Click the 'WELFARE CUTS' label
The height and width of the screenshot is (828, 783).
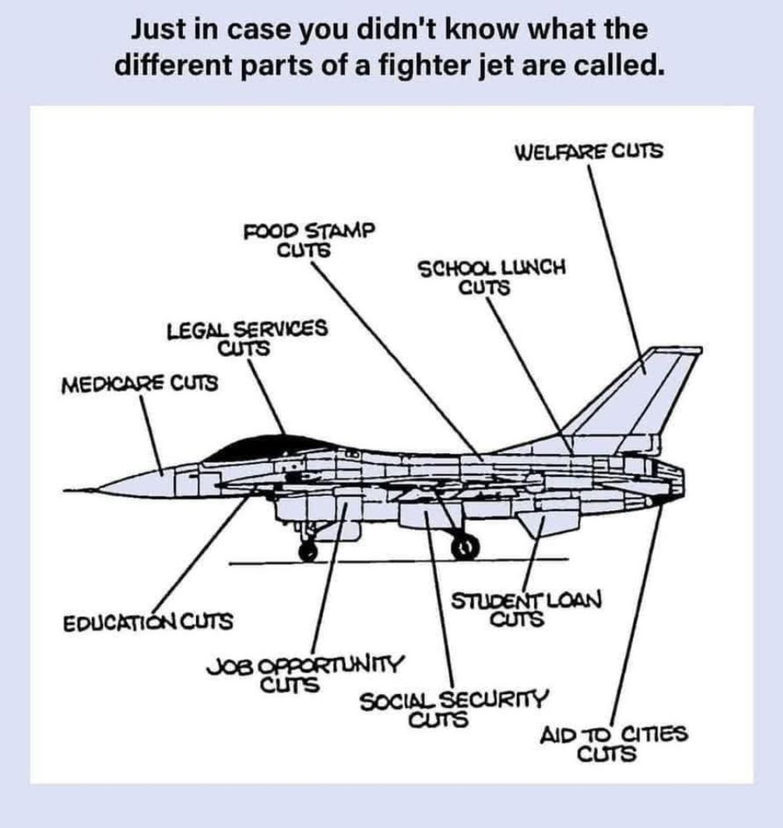pos(588,153)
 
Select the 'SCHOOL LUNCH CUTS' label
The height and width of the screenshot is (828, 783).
pos(491,278)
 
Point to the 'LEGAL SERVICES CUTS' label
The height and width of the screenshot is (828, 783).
pos(247,339)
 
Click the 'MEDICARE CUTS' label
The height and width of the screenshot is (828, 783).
pos(140,383)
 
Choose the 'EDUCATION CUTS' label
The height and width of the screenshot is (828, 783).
pos(148,621)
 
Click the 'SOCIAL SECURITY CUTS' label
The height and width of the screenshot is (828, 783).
pos(453,709)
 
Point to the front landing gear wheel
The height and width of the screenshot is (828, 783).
pos(308,551)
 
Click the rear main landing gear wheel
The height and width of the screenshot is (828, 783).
pos(464,546)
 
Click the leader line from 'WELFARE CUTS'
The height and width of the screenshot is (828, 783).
pos(617,257)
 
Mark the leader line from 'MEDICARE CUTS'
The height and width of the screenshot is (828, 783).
pos(151,431)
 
